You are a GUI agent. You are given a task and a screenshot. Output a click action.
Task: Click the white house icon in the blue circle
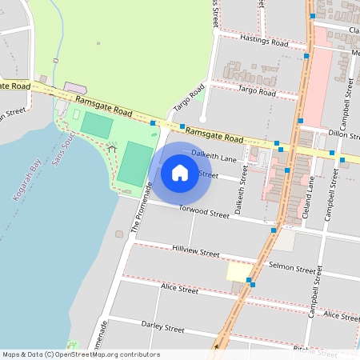tap(180, 172)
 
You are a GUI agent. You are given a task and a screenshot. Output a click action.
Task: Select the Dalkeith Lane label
tap(215, 157)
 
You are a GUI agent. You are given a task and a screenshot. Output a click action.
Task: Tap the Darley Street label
tap(162, 328)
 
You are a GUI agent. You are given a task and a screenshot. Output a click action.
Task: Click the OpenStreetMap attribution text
tap(80, 354)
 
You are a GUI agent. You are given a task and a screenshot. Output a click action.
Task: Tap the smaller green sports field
tap(98, 125)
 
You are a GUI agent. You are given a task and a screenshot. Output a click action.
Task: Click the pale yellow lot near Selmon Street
tap(238, 272)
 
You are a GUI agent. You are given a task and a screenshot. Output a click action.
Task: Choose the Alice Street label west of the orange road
tap(179, 288)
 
